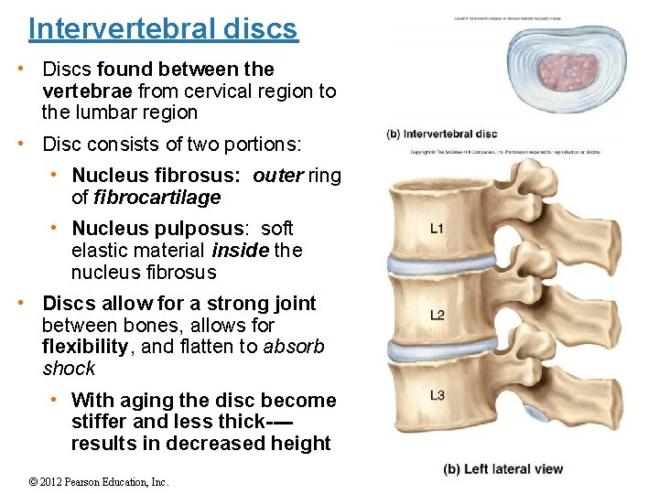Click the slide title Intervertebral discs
pos(163,29)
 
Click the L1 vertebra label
pos(438,228)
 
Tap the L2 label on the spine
pos(438,316)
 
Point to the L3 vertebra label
pos(438,395)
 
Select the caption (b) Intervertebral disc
pos(442,134)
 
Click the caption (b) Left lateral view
pos(502,469)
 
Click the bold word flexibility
pos(85,347)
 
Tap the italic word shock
pos(69,369)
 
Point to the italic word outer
pos(277,175)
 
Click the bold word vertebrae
pos(87,91)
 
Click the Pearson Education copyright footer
pos(99,482)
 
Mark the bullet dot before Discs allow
pos(30,303)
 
